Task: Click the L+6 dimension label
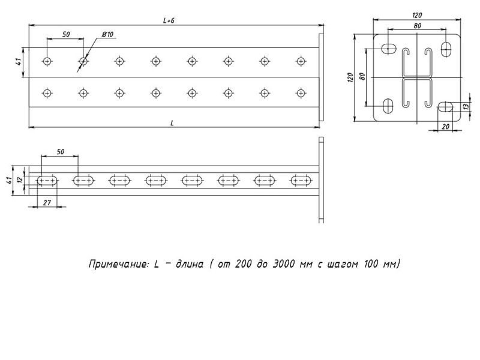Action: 169,20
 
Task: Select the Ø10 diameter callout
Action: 107,34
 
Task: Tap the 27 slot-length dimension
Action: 47,202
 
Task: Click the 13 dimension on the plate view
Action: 466,107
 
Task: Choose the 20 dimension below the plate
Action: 446,127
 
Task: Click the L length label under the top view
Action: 172,123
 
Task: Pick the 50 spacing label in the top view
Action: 66,34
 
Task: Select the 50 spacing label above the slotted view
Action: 61,152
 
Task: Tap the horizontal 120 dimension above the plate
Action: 417,15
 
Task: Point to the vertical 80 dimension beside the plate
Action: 362,76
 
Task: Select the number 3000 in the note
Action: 283,263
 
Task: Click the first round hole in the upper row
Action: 47,62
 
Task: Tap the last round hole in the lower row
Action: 301,93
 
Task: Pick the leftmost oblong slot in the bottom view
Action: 47,181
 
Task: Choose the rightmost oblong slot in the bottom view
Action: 301,181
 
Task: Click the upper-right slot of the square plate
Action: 446,49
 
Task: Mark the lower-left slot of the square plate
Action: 388,106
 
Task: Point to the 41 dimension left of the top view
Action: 19,62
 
